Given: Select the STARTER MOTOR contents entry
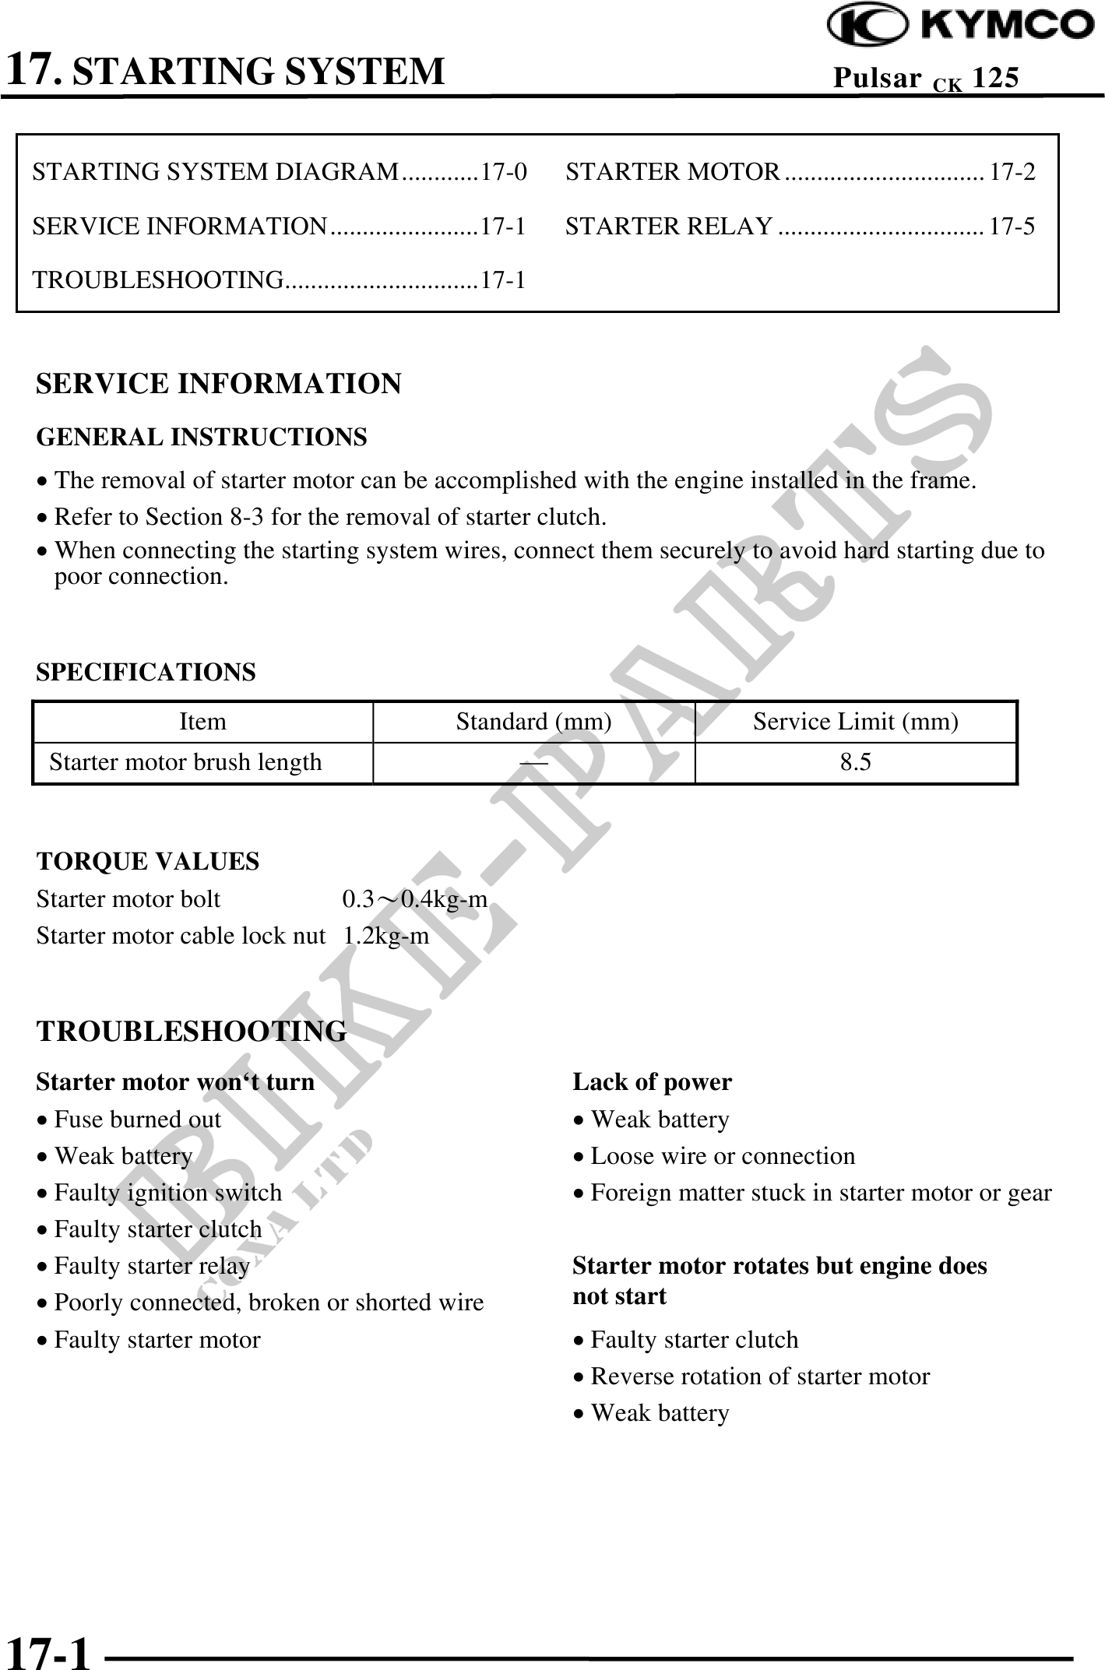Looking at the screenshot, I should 673,171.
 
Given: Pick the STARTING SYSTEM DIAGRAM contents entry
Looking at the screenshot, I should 216,171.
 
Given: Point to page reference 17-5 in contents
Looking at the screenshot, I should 1012,226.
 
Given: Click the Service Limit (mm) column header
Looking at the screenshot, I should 855,722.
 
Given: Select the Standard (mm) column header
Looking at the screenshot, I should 533,722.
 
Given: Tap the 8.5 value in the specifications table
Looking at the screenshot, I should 855,761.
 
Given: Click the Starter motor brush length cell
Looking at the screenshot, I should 185,761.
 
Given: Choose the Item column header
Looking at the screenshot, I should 202,722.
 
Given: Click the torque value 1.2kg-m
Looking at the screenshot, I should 386,934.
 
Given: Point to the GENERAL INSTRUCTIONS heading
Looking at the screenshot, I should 202,438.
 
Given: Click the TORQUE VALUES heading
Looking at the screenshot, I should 148,861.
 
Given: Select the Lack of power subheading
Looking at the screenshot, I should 652,1081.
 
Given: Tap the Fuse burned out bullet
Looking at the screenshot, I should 137,1119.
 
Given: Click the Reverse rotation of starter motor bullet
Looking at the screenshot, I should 759,1376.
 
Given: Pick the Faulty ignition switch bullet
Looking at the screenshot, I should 167,1192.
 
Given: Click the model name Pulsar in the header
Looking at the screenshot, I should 877,77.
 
